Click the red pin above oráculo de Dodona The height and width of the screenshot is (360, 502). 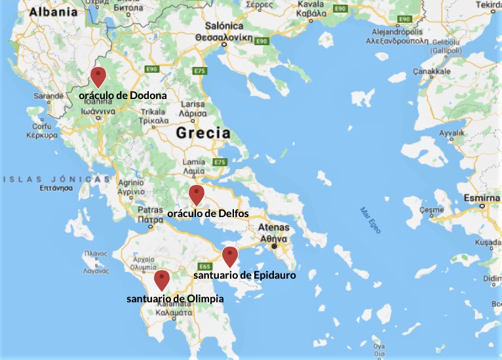[98, 77]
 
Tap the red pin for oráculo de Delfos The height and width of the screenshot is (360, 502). [196, 195]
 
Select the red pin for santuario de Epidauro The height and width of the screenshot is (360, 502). [229, 256]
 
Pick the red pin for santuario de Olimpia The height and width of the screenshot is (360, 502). [161, 280]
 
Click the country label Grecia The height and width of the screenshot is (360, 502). [203, 133]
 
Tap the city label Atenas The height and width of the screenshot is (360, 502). [273, 228]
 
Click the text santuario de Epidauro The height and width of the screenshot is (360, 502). [244, 275]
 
